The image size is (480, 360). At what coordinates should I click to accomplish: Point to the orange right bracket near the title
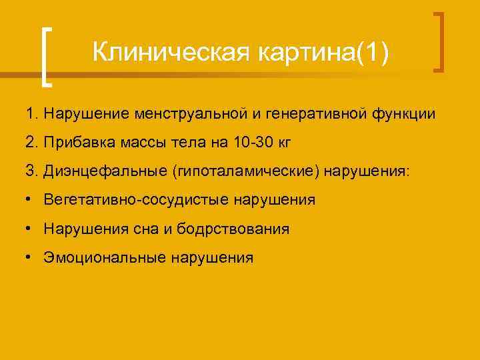(x=439, y=41)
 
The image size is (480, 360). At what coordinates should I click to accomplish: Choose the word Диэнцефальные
(x=105, y=172)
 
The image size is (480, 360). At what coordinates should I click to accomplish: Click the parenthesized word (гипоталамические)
(x=247, y=172)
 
